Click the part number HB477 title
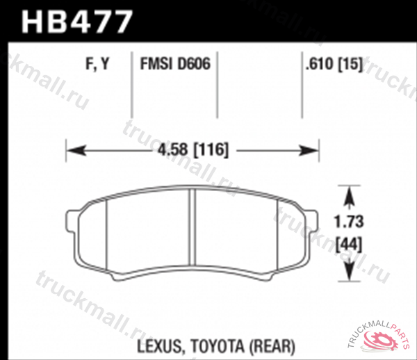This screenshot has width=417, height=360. coord(76,21)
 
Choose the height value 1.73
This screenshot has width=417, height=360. coord(347,223)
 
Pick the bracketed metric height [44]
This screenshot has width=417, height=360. coord(347,245)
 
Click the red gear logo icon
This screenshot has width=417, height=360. coord(384,341)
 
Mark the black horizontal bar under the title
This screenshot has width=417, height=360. coord(208,42)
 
